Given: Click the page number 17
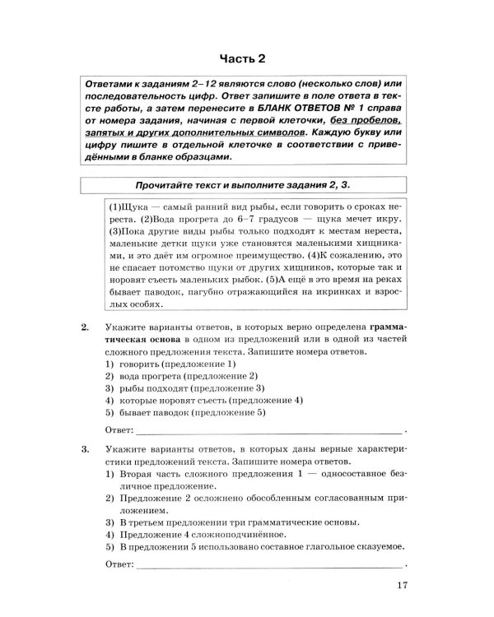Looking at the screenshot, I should (401, 586).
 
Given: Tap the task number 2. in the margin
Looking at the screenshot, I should (86, 327).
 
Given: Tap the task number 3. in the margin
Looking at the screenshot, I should (86, 451).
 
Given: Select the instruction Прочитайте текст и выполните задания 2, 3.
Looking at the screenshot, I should (245, 183).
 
